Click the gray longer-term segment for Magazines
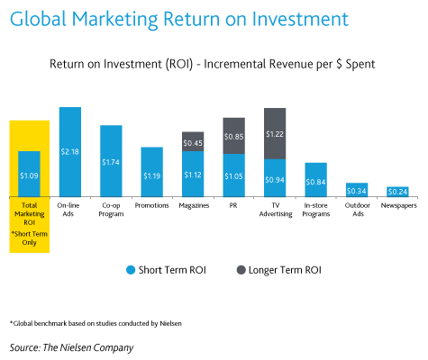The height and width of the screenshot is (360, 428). pos(193,141)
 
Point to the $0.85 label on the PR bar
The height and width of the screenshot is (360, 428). pos(234,137)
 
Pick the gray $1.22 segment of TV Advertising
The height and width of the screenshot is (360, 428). pos(275,133)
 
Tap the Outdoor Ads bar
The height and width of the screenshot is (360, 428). pos(356,189)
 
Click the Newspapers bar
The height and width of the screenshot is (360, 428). pos(397,191)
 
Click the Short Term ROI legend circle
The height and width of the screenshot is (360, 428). pos(132,269)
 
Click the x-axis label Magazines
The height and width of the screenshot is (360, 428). pos(193,205)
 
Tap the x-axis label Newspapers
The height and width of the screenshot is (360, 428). pos(397,205)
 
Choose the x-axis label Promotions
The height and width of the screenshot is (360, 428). pos(151,205)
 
